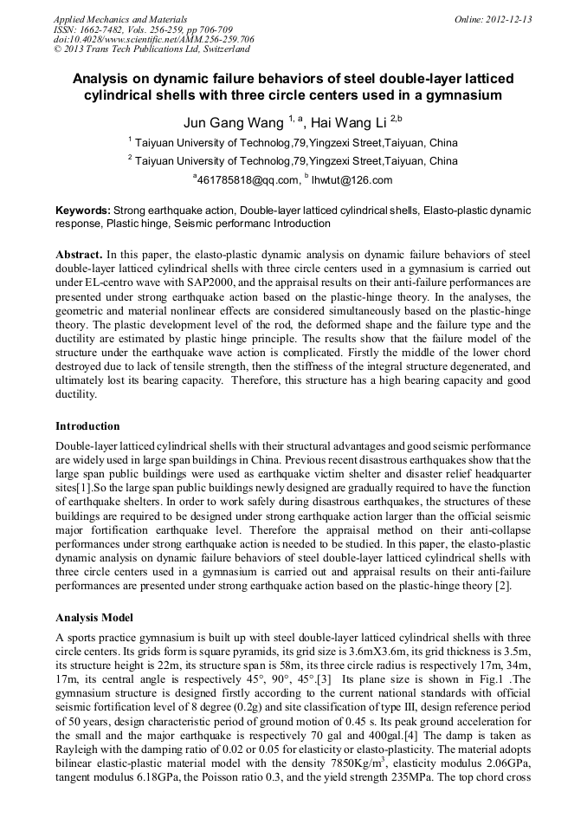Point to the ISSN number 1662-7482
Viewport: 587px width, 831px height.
coord(101,29)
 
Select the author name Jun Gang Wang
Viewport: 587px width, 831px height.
coord(233,122)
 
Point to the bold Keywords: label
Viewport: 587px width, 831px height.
coord(83,211)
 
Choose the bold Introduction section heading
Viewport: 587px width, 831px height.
coord(87,425)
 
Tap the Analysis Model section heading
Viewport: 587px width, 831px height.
coord(94,618)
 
